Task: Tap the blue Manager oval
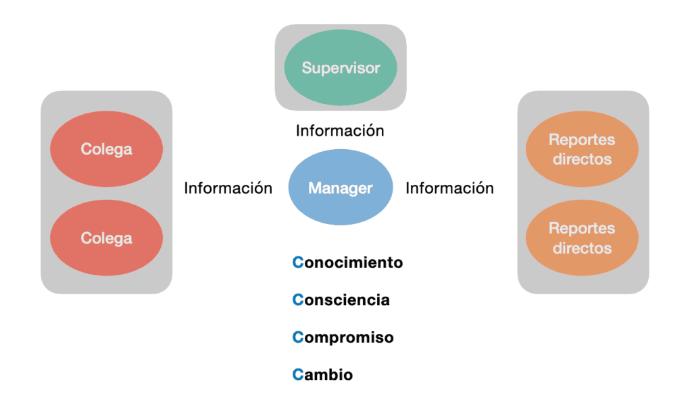(x=341, y=188)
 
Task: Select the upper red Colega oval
(x=107, y=149)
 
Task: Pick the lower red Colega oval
(x=107, y=238)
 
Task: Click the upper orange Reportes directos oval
(x=582, y=149)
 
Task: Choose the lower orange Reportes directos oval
(x=582, y=238)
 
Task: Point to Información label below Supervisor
(x=340, y=131)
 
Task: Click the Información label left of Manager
(x=228, y=188)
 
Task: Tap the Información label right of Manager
(x=449, y=188)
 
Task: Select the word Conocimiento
(x=348, y=263)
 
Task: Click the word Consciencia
(x=341, y=300)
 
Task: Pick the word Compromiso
(x=343, y=337)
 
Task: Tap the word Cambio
(x=323, y=375)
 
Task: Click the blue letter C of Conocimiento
(x=298, y=263)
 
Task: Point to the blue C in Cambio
(x=298, y=375)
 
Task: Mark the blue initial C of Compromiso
(x=298, y=337)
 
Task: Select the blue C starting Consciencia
(x=298, y=300)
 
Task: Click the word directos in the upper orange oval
(x=582, y=159)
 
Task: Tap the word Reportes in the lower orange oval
(x=582, y=229)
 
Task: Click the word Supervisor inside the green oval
(x=341, y=68)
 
